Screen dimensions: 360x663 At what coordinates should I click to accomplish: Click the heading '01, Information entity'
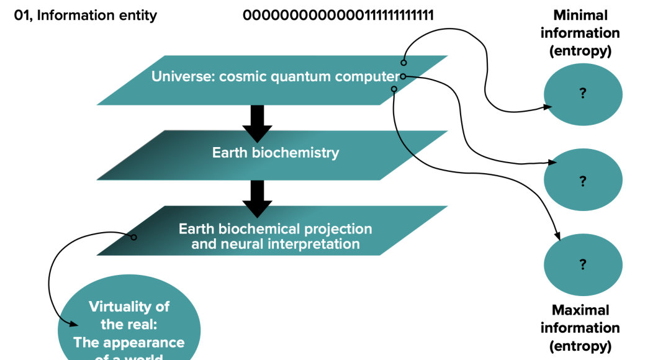[x=86, y=16]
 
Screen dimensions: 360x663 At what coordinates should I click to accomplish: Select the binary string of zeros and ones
[x=338, y=16]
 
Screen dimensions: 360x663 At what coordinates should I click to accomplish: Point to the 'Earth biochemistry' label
[x=276, y=153]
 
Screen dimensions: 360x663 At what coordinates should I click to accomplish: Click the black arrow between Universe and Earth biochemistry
[x=257, y=124]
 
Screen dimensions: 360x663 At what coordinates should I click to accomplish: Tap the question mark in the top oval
[x=583, y=93]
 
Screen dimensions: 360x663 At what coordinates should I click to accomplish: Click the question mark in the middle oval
[x=583, y=181]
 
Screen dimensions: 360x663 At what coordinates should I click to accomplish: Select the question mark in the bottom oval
[x=583, y=264]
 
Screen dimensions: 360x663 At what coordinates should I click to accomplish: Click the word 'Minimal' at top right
[x=580, y=16]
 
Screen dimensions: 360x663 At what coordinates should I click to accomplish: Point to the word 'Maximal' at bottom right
[x=580, y=310]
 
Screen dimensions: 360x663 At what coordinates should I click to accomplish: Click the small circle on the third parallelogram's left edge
[x=133, y=237]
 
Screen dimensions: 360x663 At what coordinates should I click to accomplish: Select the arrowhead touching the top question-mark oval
[x=548, y=107]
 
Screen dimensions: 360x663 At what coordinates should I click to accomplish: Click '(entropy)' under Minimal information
[x=580, y=51]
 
